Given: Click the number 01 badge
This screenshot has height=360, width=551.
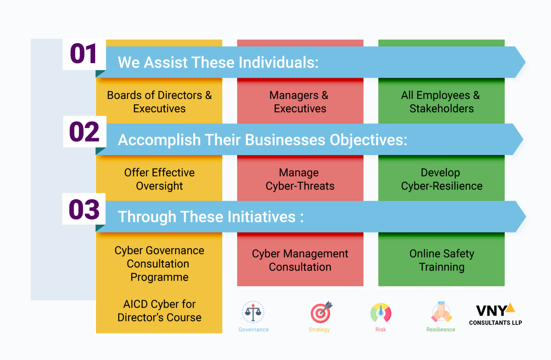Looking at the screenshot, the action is [84, 54].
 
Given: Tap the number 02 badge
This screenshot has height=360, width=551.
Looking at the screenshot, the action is [84, 132].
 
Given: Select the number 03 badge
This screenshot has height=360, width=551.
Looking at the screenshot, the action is [84, 209].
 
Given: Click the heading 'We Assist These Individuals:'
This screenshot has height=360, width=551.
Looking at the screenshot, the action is [218, 62].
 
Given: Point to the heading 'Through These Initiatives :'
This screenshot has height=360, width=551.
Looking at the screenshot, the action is [211, 217].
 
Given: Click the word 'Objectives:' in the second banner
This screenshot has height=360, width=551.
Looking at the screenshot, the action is [368, 140].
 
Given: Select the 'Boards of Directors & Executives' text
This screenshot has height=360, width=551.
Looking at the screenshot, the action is [159, 102].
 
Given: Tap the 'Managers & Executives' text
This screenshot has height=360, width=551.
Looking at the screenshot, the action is [300, 102].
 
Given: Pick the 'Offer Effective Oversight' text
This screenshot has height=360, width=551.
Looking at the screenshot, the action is [159, 179].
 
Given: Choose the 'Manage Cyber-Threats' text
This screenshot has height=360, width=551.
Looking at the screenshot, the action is [300, 179].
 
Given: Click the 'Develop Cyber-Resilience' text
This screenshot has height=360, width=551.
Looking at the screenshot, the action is [442, 179].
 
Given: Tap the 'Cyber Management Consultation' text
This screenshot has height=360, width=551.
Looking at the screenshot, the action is [300, 260].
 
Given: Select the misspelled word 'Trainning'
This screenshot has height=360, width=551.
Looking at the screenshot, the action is [442, 267].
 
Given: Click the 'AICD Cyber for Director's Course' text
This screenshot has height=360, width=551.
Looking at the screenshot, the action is [159, 310].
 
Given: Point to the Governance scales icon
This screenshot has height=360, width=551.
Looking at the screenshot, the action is [253, 312].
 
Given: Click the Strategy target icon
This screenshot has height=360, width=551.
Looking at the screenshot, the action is [321, 312].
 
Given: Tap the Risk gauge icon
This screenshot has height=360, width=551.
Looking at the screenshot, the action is [381, 313].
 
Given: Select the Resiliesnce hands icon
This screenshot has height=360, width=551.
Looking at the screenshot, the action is [441, 312].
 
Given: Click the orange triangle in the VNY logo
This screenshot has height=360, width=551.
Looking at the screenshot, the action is [511, 308].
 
